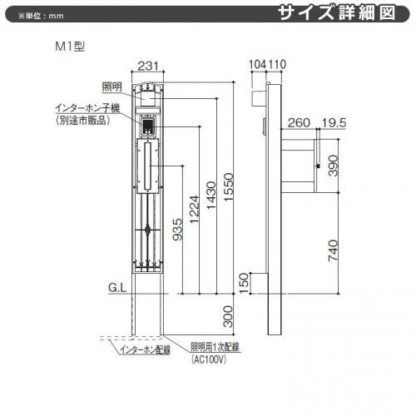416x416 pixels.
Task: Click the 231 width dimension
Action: click(x=148, y=66)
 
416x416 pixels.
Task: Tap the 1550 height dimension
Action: click(x=229, y=187)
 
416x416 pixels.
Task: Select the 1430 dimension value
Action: click(x=211, y=195)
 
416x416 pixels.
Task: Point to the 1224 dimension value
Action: click(x=195, y=210)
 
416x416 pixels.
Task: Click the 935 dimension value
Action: click(x=177, y=230)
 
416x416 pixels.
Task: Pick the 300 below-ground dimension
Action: click(x=228, y=317)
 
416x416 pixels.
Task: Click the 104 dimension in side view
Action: click(x=257, y=64)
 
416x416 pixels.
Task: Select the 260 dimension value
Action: click(x=299, y=123)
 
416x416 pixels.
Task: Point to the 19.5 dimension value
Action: click(x=334, y=123)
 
